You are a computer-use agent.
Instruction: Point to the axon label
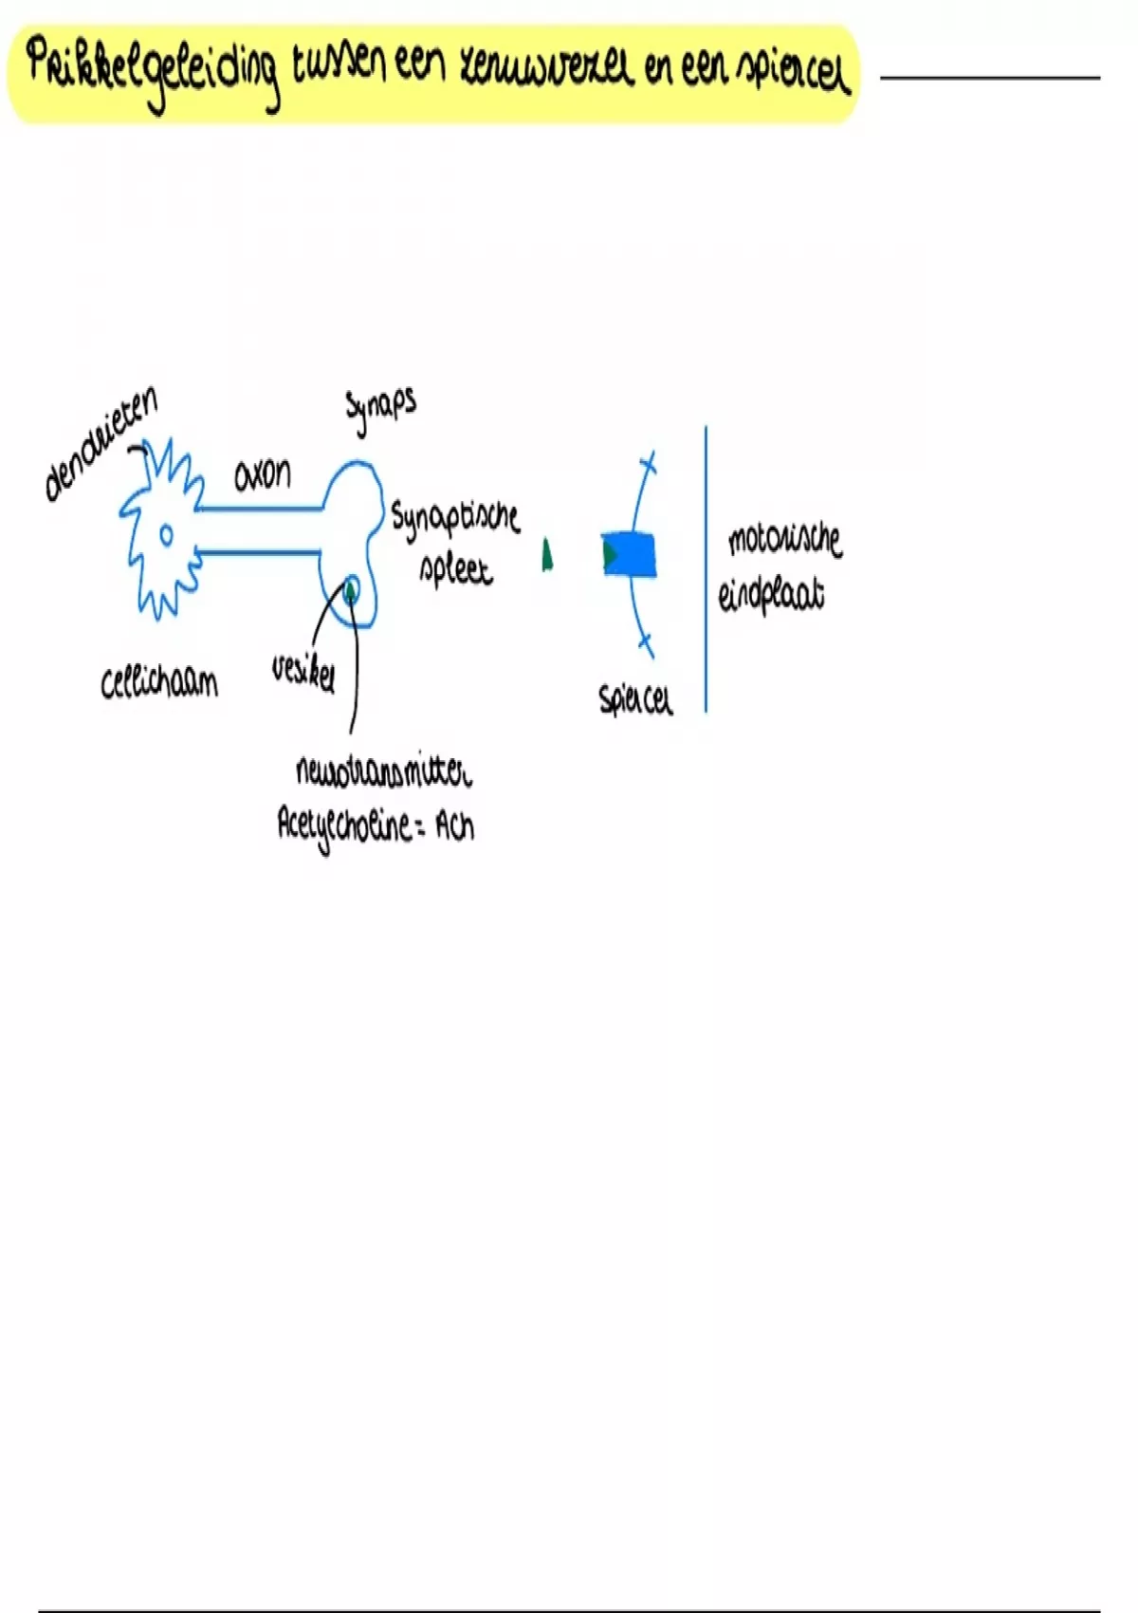[x=263, y=473]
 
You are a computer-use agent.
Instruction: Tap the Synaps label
[x=380, y=409]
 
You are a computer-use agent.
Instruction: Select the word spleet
[x=456, y=569]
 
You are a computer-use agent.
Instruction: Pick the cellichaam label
[x=159, y=682]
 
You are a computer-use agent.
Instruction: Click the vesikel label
[x=303, y=673]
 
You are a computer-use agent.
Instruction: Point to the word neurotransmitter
[x=383, y=772]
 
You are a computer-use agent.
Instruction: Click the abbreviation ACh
[x=454, y=827]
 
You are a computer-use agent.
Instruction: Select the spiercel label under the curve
[x=635, y=700]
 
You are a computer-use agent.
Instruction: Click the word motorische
[x=784, y=539]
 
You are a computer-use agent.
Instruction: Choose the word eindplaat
[x=771, y=595]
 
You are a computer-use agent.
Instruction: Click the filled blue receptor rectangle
[x=631, y=554]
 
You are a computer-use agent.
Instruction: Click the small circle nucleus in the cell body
[x=166, y=535]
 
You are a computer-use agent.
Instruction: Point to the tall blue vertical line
[x=706, y=569]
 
